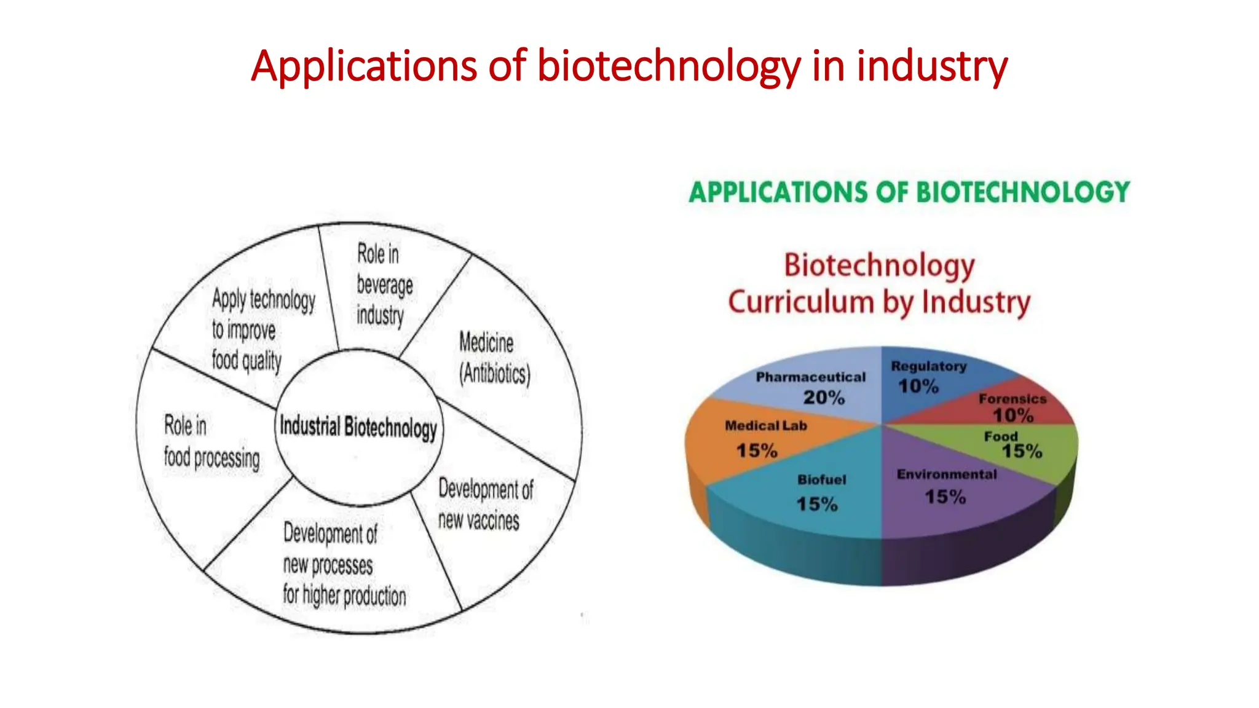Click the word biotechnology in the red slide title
669,66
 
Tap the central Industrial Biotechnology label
358,427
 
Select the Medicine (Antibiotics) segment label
494,358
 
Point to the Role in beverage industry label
384,285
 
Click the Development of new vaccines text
485,505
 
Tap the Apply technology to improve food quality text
262,330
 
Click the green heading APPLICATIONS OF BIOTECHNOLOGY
909,192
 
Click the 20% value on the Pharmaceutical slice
824,398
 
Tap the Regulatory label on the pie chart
928,366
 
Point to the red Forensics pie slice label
1012,399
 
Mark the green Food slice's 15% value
1022,452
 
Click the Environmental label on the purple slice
946,474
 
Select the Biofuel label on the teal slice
821,480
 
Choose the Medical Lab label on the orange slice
765,425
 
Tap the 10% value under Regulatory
918,387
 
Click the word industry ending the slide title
931,66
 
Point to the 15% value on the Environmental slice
945,497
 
